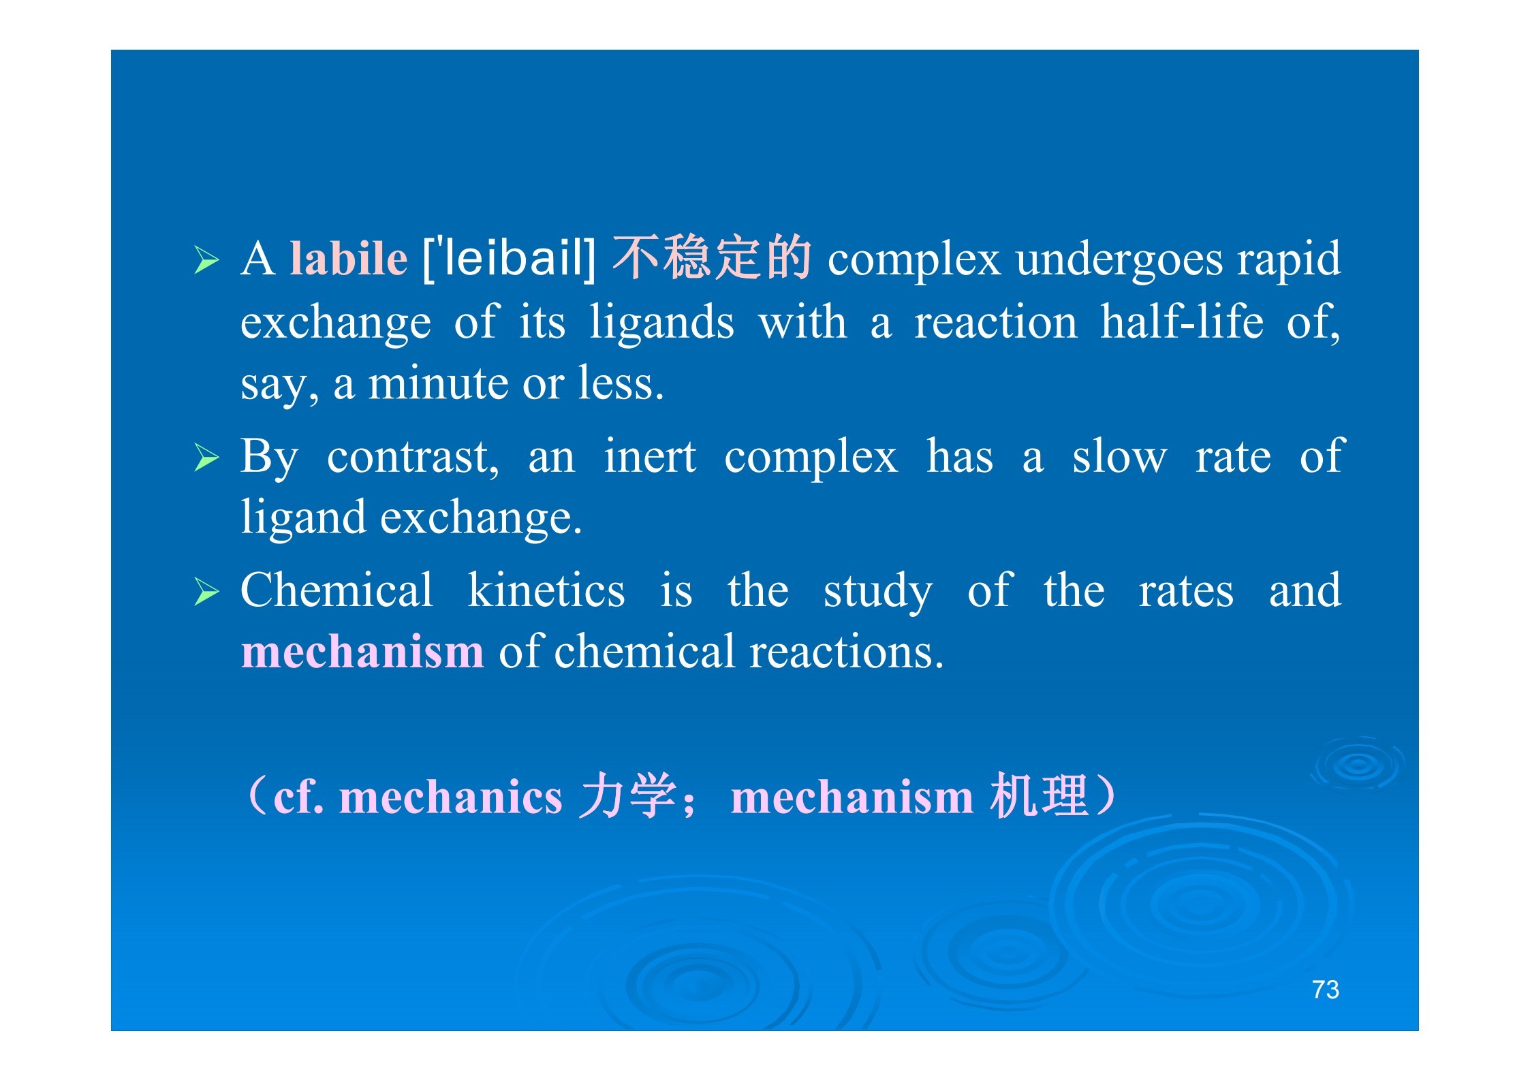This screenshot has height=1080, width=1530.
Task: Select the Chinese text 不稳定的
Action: click(x=712, y=257)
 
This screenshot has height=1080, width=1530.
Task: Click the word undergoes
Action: click(x=1119, y=260)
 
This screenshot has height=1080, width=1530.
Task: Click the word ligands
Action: click(x=661, y=323)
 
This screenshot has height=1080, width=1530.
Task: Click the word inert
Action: click(x=650, y=456)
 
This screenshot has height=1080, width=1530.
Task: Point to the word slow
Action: click(x=1119, y=456)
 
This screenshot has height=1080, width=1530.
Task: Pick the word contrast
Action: click(x=413, y=458)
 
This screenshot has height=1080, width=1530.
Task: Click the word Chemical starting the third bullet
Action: click(x=337, y=590)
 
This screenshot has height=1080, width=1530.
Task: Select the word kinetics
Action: click(x=546, y=590)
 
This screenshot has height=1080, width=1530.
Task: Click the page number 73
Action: click(x=1326, y=989)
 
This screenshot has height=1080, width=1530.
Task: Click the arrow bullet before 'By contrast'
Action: click(x=206, y=458)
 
